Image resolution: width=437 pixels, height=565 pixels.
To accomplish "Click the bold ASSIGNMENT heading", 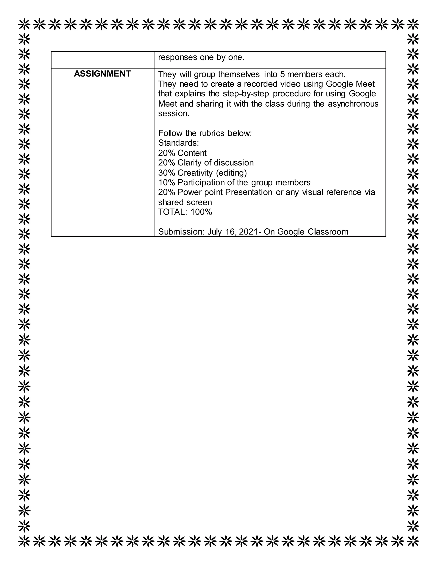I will (102, 74).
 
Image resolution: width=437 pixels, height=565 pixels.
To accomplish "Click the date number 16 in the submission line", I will (230, 232).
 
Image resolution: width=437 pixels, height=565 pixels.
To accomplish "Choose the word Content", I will (192, 153).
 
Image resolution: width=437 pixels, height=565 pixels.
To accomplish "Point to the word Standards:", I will (178, 143).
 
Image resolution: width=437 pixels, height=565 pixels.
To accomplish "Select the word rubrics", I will (212, 133).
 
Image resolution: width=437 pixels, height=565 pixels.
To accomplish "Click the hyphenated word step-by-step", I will (246, 94).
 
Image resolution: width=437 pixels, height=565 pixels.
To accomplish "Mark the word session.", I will (173, 114).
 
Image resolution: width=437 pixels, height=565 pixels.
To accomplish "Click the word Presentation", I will (249, 192).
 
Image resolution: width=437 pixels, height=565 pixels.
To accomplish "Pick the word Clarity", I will (189, 163).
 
